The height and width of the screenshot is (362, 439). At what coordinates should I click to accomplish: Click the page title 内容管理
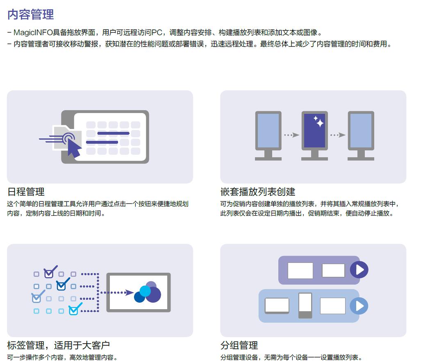tap(31, 15)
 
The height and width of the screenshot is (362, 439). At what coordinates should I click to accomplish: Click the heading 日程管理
tap(26, 192)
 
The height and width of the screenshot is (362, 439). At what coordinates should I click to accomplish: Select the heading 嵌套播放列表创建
tap(257, 192)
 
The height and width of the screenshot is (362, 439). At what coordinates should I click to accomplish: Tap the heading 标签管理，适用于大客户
tap(58, 345)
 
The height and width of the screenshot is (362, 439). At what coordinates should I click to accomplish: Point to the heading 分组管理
tap(239, 345)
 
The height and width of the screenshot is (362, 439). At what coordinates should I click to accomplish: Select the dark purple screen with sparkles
tap(314, 130)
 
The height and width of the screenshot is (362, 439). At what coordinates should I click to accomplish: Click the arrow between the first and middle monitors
tap(291, 135)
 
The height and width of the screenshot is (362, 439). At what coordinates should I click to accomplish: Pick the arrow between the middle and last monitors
tap(338, 135)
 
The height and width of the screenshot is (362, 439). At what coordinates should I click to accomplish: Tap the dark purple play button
tap(359, 270)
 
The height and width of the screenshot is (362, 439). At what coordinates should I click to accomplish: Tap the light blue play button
tap(359, 306)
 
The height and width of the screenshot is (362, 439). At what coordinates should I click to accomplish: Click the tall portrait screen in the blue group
tap(305, 305)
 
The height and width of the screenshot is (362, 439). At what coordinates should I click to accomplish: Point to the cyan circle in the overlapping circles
tap(145, 291)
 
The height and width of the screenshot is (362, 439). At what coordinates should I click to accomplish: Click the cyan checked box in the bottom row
tap(74, 310)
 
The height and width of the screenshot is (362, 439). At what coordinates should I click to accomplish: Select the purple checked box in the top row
tap(49, 273)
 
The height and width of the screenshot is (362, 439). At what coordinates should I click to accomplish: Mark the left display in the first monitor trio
tap(268, 130)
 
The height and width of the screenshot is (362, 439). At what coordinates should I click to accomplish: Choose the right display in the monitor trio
tap(361, 130)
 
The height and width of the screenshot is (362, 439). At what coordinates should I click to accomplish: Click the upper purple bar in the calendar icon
tap(113, 133)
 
